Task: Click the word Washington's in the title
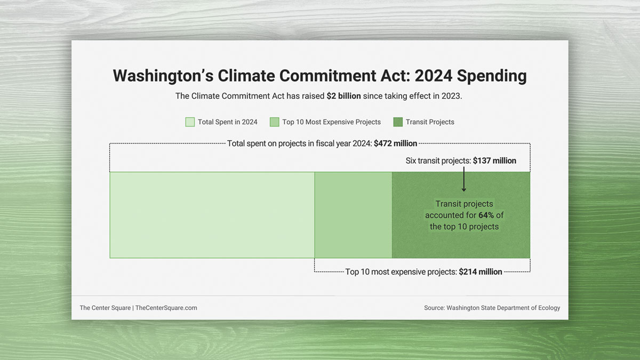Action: [163, 76]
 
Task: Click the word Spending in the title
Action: [491, 76]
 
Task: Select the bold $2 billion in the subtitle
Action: [343, 96]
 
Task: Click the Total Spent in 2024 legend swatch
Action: [190, 122]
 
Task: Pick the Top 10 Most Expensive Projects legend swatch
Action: [275, 122]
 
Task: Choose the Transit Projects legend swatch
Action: [398, 122]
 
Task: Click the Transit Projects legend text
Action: [430, 122]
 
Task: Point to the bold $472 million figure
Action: [395, 143]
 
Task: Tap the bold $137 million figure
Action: [494, 161]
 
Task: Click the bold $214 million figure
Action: [481, 271]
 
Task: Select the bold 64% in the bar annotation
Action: [486, 215]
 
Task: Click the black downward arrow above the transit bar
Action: [463, 179]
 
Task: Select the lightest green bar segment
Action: [212, 215]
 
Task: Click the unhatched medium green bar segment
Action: [353, 215]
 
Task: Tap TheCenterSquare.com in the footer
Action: [166, 308]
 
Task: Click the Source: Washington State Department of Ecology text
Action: [492, 308]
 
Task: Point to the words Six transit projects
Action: [438, 161]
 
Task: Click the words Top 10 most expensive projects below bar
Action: [401, 271]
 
